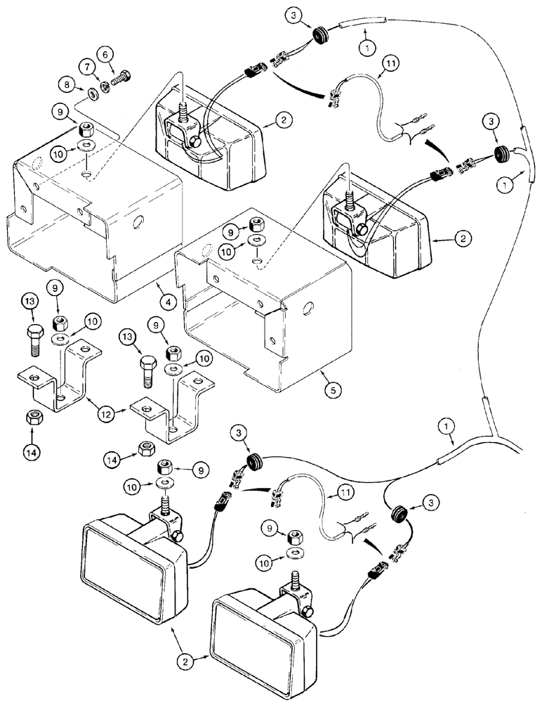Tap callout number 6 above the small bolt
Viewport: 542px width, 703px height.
tap(105, 55)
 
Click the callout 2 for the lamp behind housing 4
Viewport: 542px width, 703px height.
tap(282, 121)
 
